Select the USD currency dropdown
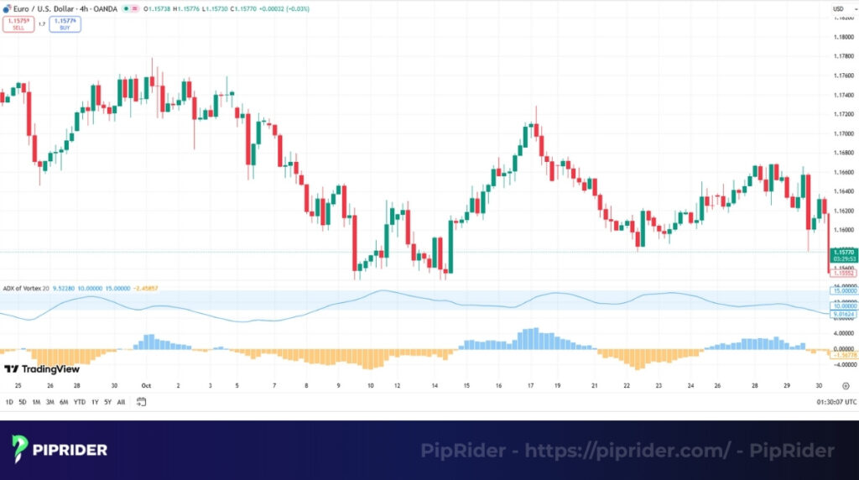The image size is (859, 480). tap(837, 8)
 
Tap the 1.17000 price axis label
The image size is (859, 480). tap(843, 133)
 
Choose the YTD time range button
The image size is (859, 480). tap(79, 402)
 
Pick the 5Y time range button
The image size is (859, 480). tap(108, 402)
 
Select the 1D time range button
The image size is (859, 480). tap(9, 402)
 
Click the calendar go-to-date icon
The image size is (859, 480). tap(141, 402)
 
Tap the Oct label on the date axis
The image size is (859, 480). tap(146, 386)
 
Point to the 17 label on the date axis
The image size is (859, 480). tap(531, 386)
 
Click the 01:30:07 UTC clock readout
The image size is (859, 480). tap(835, 402)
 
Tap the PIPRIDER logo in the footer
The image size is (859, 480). tap(60, 450)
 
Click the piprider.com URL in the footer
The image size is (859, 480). tap(637, 451)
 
